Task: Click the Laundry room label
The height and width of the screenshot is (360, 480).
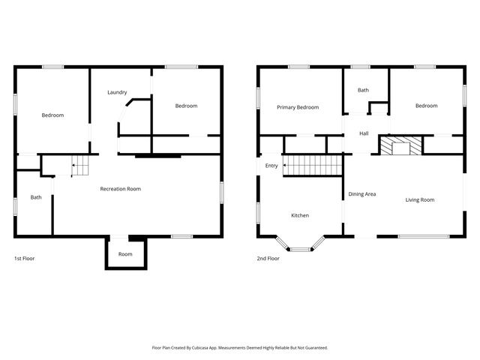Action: click(x=116, y=92)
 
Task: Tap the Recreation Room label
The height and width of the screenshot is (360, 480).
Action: click(x=121, y=189)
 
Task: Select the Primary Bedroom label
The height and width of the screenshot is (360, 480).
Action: click(x=298, y=107)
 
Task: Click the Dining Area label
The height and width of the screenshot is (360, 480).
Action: click(x=361, y=194)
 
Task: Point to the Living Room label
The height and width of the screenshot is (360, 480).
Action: click(x=420, y=199)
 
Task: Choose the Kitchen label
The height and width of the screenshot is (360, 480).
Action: click(x=300, y=215)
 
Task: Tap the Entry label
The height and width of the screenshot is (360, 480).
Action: click(x=271, y=166)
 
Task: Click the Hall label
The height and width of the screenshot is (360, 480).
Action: click(x=364, y=133)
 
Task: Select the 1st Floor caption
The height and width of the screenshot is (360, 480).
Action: click(x=25, y=258)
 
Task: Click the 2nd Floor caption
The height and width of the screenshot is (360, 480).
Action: click(x=268, y=258)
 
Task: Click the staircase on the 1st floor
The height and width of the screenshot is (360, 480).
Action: click(x=80, y=166)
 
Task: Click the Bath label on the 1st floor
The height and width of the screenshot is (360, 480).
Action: click(x=36, y=197)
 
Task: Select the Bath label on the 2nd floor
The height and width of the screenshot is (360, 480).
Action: click(x=363, y=90)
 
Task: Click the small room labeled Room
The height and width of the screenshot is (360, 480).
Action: click(x=125, y=254)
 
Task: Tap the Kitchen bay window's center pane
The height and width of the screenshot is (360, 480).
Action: click(x=300, y=249)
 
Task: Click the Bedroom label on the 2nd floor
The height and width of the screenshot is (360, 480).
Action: click(x=426, y=106)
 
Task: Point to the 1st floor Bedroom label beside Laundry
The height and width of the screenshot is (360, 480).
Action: click(x=186, y=106)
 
